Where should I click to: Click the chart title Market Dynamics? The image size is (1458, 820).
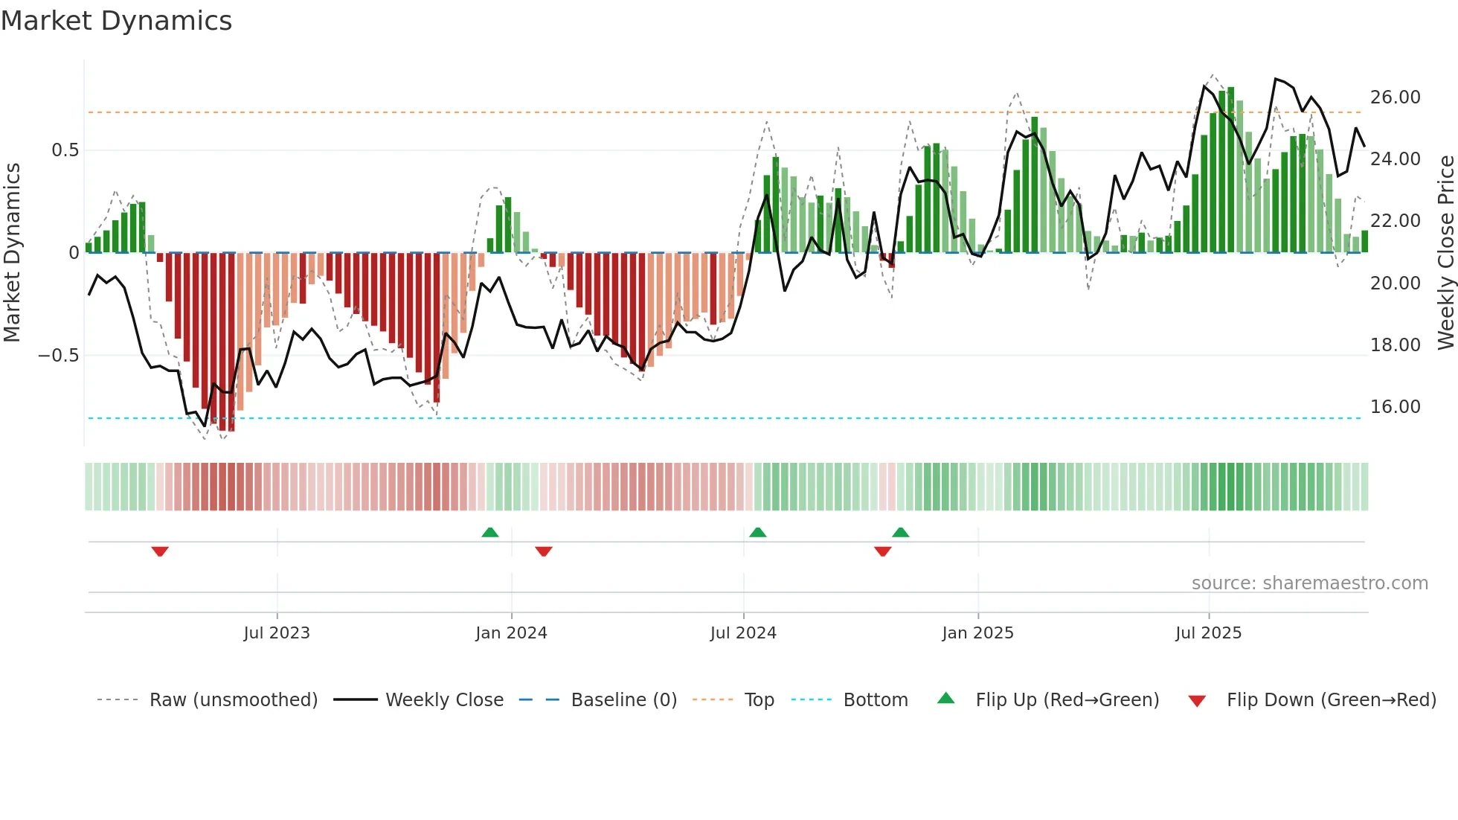tap(116, 21)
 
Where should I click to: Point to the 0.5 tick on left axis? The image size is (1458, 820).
tap(65, 150)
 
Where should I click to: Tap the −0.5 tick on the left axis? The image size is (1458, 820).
tap(59, 356)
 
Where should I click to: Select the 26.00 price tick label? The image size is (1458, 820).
tap(1395, 97)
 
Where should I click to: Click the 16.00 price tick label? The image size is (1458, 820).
tap(1395, 407)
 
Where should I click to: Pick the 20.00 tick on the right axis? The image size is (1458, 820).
tap(1395, 284)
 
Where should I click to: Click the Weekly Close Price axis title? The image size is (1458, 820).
tap(1445, 253)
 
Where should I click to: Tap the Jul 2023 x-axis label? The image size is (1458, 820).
tap(277, 633)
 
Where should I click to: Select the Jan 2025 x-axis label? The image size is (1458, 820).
tap(977, 633)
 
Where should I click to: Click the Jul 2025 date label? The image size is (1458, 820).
tap(1208, 633)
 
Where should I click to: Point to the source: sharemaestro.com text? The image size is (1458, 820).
tap(1309, 583)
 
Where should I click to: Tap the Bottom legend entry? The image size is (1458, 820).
tap(875, 700)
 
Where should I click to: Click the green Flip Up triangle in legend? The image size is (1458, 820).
tap(945, 698)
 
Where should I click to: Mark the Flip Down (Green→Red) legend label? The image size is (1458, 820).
tap(1331, 700)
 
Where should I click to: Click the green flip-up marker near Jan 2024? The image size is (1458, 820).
tap(490, 532)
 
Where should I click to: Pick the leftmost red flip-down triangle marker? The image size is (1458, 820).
tap(160, 551)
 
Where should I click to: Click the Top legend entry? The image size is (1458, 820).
tap(759, 700)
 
